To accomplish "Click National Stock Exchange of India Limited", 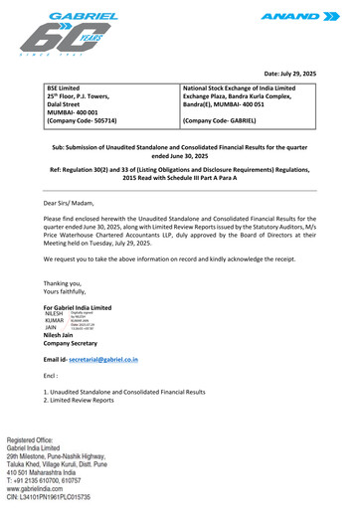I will click(x=253, y=89).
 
